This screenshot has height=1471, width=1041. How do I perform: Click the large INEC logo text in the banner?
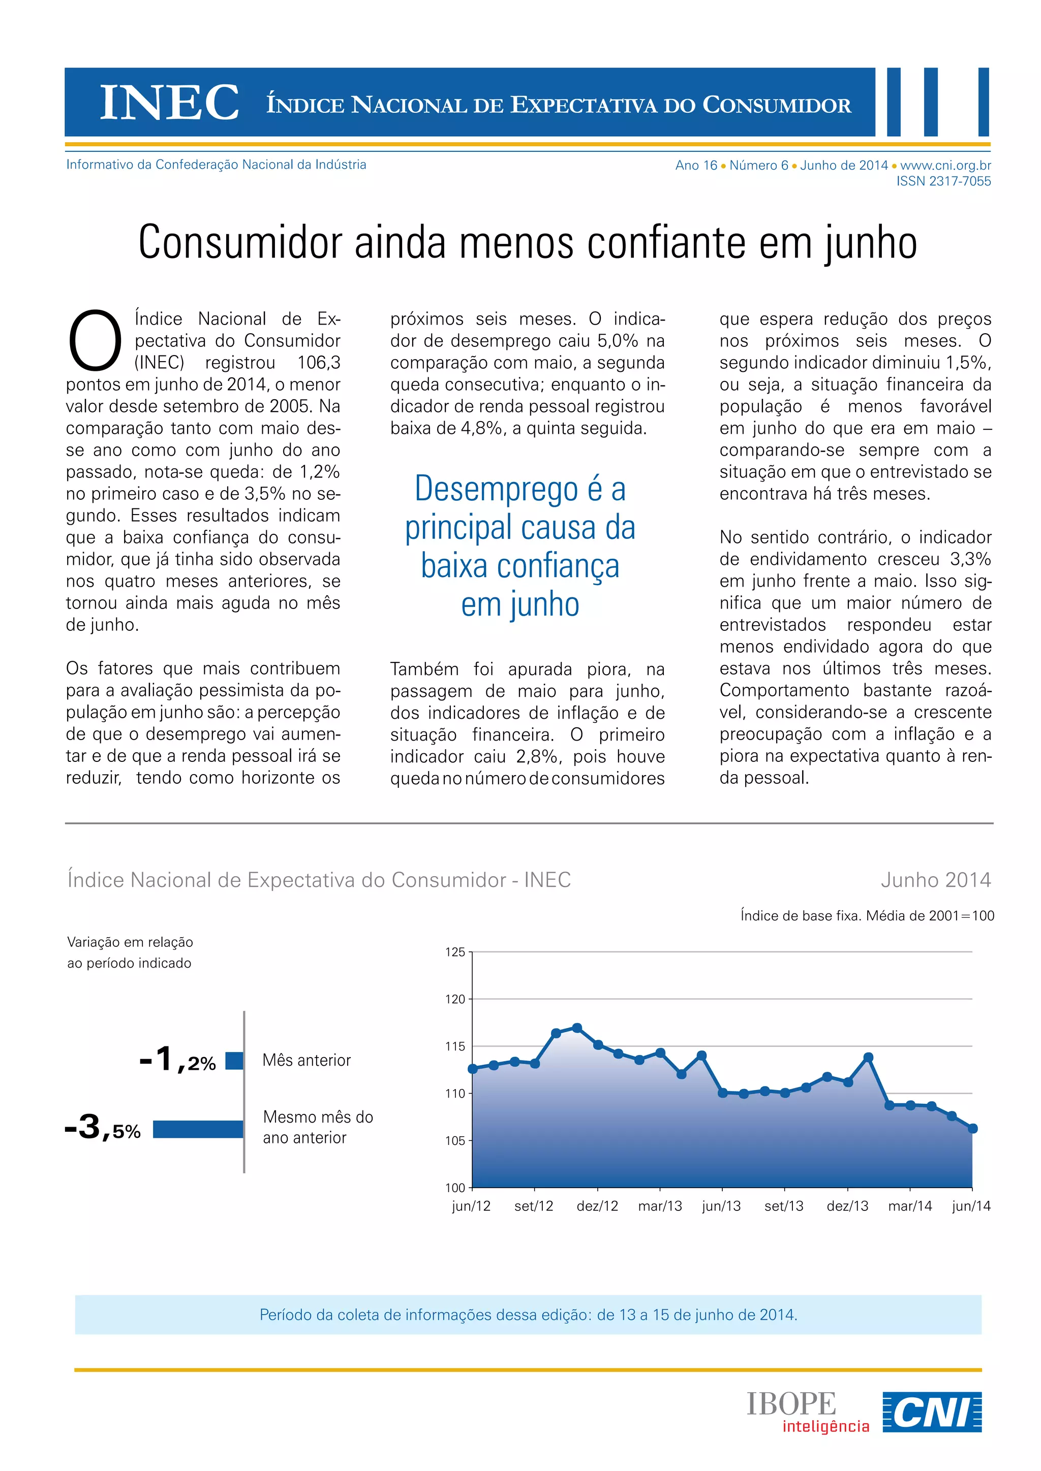point(170,103)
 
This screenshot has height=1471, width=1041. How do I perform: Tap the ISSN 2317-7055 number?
point(943,181)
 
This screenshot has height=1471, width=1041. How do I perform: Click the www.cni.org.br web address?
point(945,165)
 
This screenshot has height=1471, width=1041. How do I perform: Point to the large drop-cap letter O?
point(95,341)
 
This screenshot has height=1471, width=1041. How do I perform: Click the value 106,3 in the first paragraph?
point(319,363)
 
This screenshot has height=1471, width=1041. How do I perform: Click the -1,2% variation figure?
point(177,1060)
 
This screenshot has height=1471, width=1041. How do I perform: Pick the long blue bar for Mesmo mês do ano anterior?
point(198,1129)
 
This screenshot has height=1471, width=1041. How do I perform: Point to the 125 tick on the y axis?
point(455,952)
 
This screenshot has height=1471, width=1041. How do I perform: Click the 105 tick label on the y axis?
point(455,1140)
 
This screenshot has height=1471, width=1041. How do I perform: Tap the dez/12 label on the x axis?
point(597,1206)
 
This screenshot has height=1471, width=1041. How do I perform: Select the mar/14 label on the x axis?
point(909,1206)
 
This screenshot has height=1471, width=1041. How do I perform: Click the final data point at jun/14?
point(972,1128)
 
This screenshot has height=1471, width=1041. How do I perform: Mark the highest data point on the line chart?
point(577,1028)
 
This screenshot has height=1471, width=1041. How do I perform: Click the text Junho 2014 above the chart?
point(935,880)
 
